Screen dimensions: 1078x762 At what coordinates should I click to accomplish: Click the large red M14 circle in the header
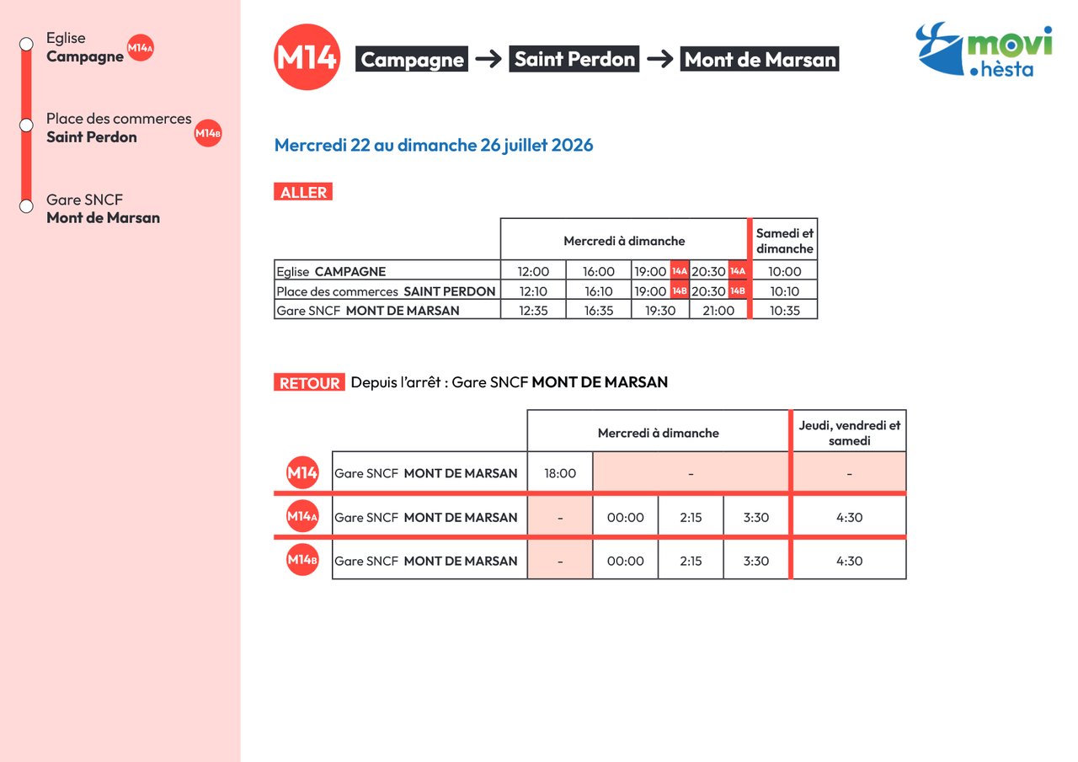click(x=307, y=56)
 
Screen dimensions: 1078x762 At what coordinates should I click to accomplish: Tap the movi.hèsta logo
click(x=984, y=50)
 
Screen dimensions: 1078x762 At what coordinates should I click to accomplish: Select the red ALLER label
click(x=303, y=192)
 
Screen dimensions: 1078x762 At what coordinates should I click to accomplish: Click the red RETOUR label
click(x=309, y=382)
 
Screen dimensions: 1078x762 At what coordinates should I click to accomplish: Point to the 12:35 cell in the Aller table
click(x=533, y=311)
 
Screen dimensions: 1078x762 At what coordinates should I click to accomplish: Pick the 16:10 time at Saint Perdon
click(x=599, y=291)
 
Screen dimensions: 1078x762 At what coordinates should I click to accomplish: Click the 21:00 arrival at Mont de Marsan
click(x=718, y=311)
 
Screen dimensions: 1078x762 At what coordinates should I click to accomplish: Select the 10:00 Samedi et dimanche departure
click(x=784, y=271)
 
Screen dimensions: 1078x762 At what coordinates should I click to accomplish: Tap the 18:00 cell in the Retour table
click(x=560, y=473)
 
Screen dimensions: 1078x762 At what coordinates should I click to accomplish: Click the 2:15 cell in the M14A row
click(x=691, y=517)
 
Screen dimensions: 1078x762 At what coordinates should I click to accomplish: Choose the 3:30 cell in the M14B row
click(x=756, y=561)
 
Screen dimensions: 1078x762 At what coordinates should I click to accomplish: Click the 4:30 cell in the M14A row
click(x=850, y=517)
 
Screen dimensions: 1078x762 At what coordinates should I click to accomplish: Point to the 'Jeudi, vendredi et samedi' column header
click(x=850, y=433)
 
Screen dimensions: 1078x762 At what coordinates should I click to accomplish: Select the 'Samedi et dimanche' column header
click(x=784, y=241)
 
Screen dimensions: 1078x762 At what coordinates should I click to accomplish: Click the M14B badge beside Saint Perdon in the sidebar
click(x=208, y=133)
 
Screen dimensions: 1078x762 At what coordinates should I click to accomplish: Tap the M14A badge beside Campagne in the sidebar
click(x=140, y=48)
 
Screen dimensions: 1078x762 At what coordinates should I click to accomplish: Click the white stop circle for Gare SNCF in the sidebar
click(x=26, y=206)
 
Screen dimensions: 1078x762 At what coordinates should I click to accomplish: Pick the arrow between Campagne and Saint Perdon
click(x=488, y=59)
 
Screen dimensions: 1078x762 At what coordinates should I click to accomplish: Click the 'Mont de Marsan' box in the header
click(x=760, y=59)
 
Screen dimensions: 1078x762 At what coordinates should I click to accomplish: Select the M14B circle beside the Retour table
click(x=302, y=560)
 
